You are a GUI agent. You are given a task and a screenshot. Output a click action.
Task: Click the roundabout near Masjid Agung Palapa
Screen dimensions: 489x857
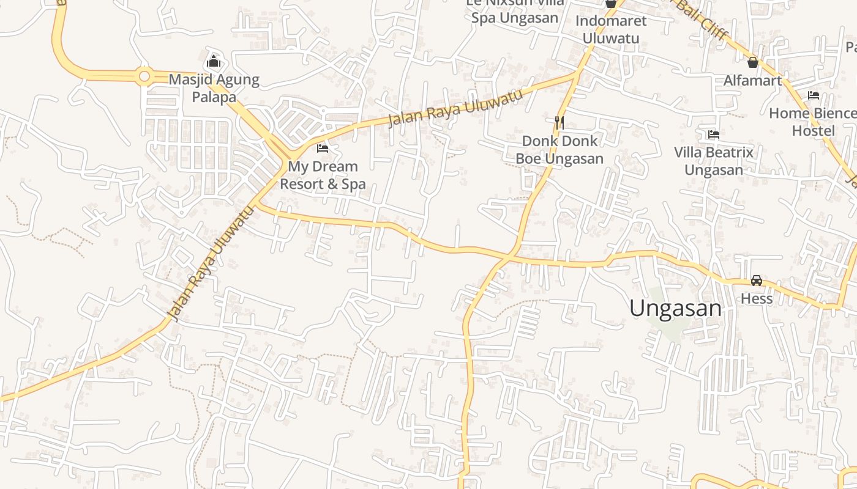pyautogui.click(x=144, y=76)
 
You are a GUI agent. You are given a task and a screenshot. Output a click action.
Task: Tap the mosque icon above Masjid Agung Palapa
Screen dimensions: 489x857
pyautogui.click(x=213, y=61)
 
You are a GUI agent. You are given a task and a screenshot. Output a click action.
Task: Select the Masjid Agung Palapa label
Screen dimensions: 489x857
pyautogui.click(x=214, y=88)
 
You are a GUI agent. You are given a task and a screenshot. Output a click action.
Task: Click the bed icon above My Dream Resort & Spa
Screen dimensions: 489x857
pyautogui.click(x=323, y=149)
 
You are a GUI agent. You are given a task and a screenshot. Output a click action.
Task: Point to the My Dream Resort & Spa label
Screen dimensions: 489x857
pyautogui.click(x=323, y=175)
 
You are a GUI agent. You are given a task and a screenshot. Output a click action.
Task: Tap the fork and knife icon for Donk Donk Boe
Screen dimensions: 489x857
pyautogui.click(x=559, y=122)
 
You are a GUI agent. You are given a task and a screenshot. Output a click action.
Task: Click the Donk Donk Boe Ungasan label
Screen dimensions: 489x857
pyautogui.click(x=559, y=150)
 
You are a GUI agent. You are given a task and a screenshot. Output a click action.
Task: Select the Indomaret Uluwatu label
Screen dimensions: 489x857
pyautogui.click(x=610, y=29)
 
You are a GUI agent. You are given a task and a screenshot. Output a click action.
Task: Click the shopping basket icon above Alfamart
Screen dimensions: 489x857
pyautogui.click(x=753, y=62)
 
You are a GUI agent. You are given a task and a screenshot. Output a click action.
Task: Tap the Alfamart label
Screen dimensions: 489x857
pyautogui.click(x=753, y=81)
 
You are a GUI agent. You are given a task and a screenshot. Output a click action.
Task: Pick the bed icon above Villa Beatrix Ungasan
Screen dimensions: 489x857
pyautogui.click(x=713, y=134)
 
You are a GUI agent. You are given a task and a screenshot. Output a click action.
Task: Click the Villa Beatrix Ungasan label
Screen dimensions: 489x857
pyautogui.click(x=713, y=161)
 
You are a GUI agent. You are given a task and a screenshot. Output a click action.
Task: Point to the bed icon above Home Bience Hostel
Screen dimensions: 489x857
pyautogui.click(x=814, y=95)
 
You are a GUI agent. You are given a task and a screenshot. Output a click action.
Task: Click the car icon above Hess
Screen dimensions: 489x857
pyautogui.click(x=757, y=281)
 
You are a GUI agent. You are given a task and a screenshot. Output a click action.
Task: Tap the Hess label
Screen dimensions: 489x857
pyautogui.click(x=757, y=299)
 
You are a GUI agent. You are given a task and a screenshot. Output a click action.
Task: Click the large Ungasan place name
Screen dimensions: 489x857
pyautogui.click(x=675, y=308)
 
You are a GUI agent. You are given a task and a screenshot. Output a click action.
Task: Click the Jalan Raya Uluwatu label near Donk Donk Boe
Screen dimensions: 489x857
pyautogui.click(x=455, y=108)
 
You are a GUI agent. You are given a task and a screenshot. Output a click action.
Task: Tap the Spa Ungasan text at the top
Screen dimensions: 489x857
pyautogui.click(x=514, y=18)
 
